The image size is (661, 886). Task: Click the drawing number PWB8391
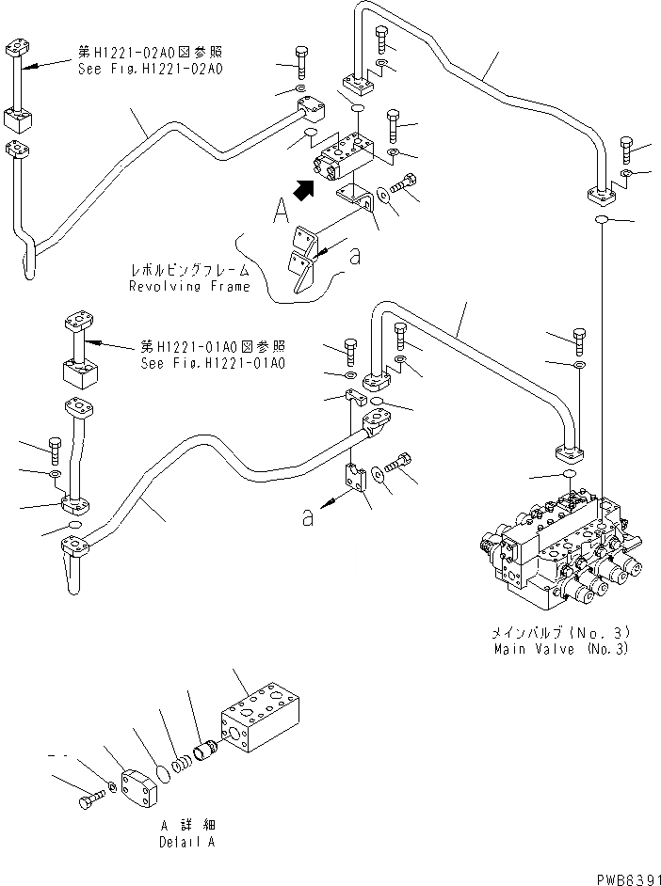tap(624, 877)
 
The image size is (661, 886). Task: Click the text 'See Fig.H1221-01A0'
tap(213, 363)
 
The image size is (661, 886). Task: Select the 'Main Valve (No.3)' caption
tap(562, 649)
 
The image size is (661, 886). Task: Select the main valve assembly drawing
tap(556, 550)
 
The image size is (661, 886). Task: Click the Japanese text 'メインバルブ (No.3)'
tap(562, 633)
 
